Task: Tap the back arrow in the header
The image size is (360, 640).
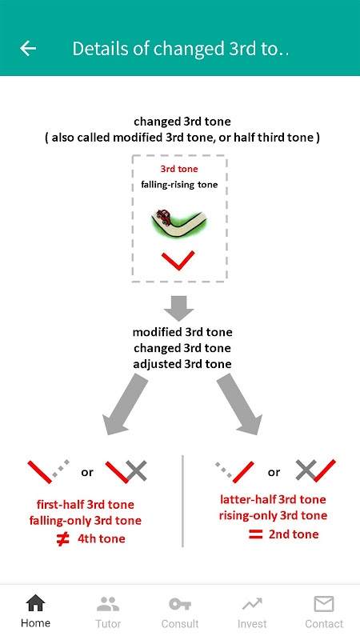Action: coord(28,49)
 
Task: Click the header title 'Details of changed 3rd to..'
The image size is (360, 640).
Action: coord(181,49)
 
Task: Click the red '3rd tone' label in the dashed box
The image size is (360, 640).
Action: coord(178,169)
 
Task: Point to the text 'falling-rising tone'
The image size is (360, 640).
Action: coord(179,185)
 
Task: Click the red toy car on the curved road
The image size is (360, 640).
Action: coord(164,215)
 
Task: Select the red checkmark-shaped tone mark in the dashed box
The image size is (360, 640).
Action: coord(178,261)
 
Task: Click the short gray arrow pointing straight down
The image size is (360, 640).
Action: coord(178,308)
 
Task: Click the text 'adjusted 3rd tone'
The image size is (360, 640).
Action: coord(182,364)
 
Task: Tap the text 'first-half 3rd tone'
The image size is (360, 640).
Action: coord(86,505)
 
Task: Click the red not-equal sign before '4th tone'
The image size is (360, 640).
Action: coord(62,539)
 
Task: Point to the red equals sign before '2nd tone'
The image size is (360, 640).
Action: coord(255,534)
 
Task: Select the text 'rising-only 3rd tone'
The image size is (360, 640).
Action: coord(273,515)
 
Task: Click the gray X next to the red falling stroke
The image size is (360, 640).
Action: coord(136,470)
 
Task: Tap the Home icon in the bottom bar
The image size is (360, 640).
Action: coord(35,603)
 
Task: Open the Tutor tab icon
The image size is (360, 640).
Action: coord(108,604)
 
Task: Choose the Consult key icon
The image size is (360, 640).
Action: coord(179,604)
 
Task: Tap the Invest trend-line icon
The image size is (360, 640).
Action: coord(252,604)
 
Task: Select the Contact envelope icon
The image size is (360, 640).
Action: coord(324,604)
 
